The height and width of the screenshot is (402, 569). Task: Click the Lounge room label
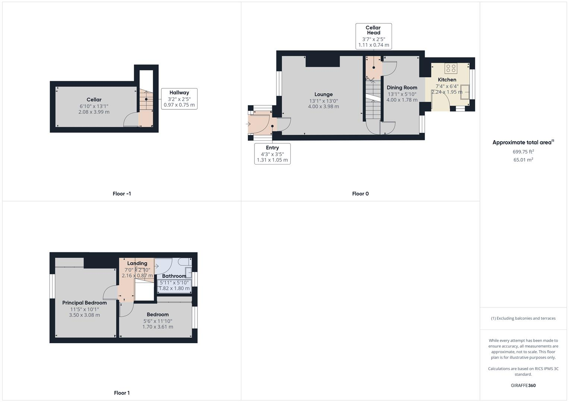pyautogui.click(x=323, y=95)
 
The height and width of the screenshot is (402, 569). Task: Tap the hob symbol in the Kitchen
pyautogui.click(x=451, y=68)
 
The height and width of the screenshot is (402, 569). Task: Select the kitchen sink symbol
pyautogui.click(x=465, y=92)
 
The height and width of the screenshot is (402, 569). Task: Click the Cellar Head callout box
pyautogui.click(x=374, y=36)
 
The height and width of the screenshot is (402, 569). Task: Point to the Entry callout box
pyautogui.click(x=272, y=154)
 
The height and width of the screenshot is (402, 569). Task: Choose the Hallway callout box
pyautogui.click(x=179, y=99)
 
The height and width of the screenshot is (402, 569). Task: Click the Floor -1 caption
pyautogui.click(x=122, y=194)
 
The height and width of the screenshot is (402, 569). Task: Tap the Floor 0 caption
pyautogui.click(x=360, y=194)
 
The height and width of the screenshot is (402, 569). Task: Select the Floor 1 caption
pyautogui.click(x=122, y=393)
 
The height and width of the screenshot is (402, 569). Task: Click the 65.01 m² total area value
pyautogui.click(x=523, y=160)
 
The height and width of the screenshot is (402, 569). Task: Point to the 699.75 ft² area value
pyautogui.click(x=523, y=151)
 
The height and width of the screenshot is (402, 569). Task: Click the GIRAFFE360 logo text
pyautogui.click(x=523, y=385)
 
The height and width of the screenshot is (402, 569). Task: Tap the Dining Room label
pyautogui.click(x=402, y=87)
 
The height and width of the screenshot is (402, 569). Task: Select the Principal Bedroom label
pyautogui.click(x=84, y=303)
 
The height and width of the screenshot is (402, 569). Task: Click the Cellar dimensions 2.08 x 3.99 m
pyautogui.click(x=94, y=112)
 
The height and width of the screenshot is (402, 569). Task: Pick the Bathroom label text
pyautogui.click(x=174, y=276)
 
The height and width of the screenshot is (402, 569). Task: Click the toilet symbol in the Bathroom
pyautogui.click(x=185, y=262)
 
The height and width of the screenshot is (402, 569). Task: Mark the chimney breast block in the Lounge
pyautogui.click(x=323, y=61)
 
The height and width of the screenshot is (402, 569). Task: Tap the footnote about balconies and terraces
pyautogui.click(x=523, y=318)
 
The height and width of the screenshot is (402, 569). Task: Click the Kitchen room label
pyautogui.click(x=447, y=80)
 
